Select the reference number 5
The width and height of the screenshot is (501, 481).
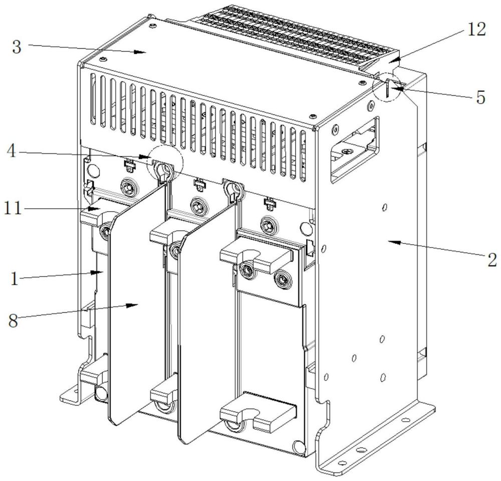[x=480, y=97]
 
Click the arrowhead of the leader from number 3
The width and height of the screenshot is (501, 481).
[x=145, y=52]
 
